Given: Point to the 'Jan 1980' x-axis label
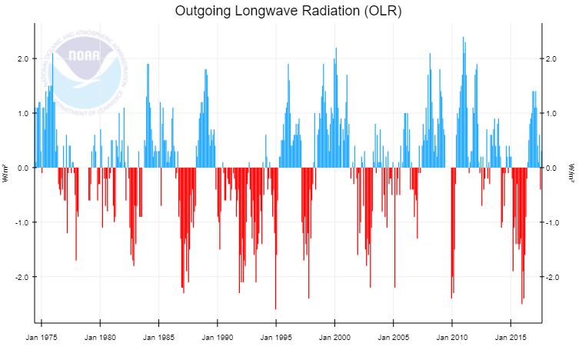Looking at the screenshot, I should tap(100, 337).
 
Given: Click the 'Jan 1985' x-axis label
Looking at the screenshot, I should tap(158, 337).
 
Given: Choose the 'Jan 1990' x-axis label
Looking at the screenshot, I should tap(218, 337).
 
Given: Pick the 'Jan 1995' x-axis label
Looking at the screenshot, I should tap(276, 337).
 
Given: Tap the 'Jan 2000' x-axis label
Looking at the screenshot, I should tap(335, 337).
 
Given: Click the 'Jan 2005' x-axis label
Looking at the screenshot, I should tap(394, 337).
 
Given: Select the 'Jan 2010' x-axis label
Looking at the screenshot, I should tap(452, 337).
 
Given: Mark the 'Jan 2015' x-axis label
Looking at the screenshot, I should tap(510, 337).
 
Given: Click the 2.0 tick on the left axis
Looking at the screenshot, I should tap(22, 58).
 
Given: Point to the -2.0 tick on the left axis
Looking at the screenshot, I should tap(20, 277).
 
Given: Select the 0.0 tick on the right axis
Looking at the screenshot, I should tap(553, 168).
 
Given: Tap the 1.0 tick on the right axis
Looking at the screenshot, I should tap(553, 113).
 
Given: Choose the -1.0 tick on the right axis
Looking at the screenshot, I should tap(554, 222).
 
